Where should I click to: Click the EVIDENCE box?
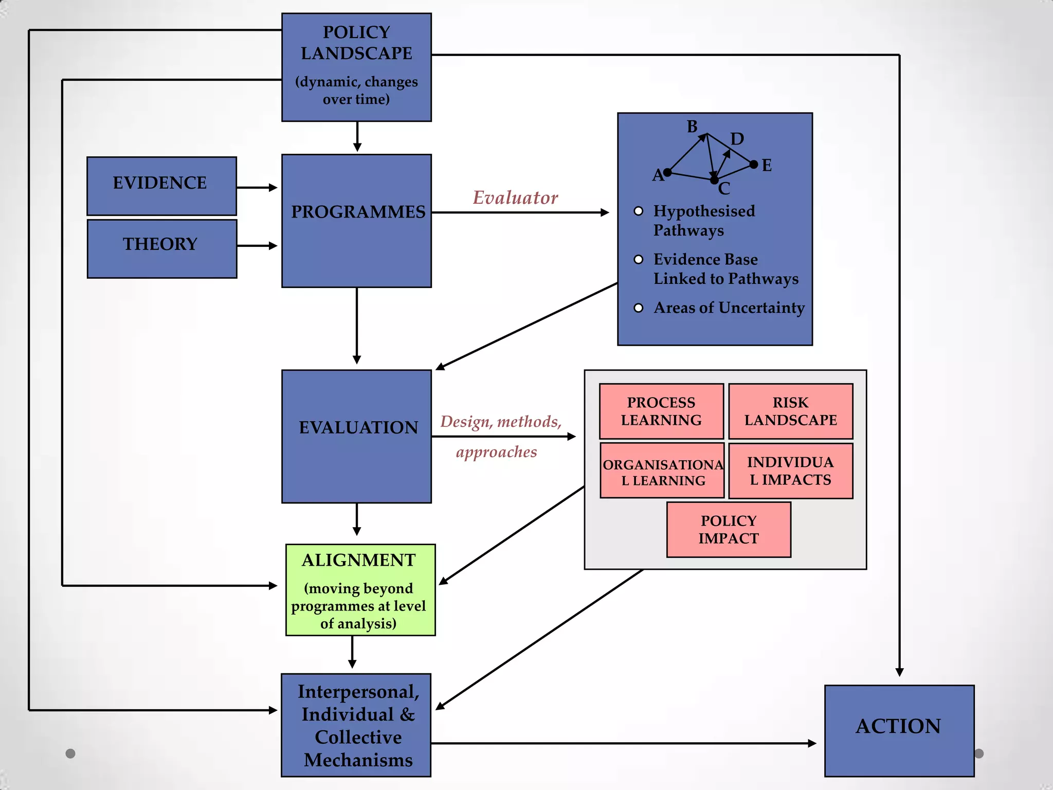point(161,186)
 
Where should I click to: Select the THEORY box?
point(161,248)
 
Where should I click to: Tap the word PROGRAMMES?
point(358,212)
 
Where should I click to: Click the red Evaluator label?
point(515,197)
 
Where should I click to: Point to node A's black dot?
point(667,172)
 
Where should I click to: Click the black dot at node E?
point(754,165)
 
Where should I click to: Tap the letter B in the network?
point(692,127)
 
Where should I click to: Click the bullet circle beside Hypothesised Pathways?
point(639,211)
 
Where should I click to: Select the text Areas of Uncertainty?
point(729,308)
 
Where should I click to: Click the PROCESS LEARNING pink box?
point(661,411)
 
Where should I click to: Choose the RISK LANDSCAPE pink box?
point(790,411)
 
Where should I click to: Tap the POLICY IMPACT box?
point(729,529)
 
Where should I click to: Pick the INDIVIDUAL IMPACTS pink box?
point(790,471)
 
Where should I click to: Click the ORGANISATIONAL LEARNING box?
point(662,471)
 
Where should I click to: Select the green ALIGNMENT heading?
point(358,560)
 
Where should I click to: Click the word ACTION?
point(898,726)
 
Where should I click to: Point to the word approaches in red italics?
point(496,452)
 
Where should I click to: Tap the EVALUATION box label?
point(358,427)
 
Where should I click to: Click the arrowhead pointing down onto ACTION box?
point(899,672)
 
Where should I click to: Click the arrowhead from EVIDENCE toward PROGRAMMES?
point(273,188)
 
